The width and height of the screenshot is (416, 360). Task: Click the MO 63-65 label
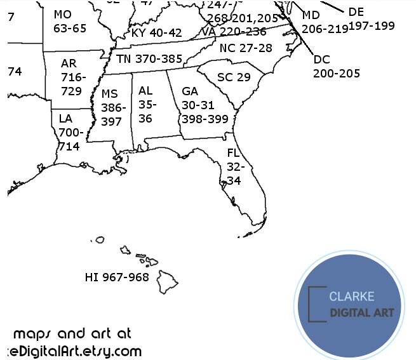click(69, 21)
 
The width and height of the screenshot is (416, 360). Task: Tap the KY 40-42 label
click(156, 32)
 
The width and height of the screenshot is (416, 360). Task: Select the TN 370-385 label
click(149, 58)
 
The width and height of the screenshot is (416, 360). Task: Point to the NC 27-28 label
click(246, 48)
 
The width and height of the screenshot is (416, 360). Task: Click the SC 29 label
click(234, 77)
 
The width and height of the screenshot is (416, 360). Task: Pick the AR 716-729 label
click(70, 77)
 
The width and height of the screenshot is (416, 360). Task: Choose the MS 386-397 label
click(113, 107)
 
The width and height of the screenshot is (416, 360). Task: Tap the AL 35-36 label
click(146, 104)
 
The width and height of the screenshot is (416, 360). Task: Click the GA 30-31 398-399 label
click(204, 105)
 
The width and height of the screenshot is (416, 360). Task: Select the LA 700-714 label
click(68, 132)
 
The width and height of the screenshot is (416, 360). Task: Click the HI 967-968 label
click(117, 277)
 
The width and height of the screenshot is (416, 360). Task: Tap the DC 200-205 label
click(336, 67)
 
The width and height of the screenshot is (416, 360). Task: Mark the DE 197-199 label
click(372, 18)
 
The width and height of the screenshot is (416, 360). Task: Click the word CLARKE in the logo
click(351, 297)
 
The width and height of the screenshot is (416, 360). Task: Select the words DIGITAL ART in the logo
click(361, 312)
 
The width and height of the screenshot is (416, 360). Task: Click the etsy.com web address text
click(71, 351)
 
